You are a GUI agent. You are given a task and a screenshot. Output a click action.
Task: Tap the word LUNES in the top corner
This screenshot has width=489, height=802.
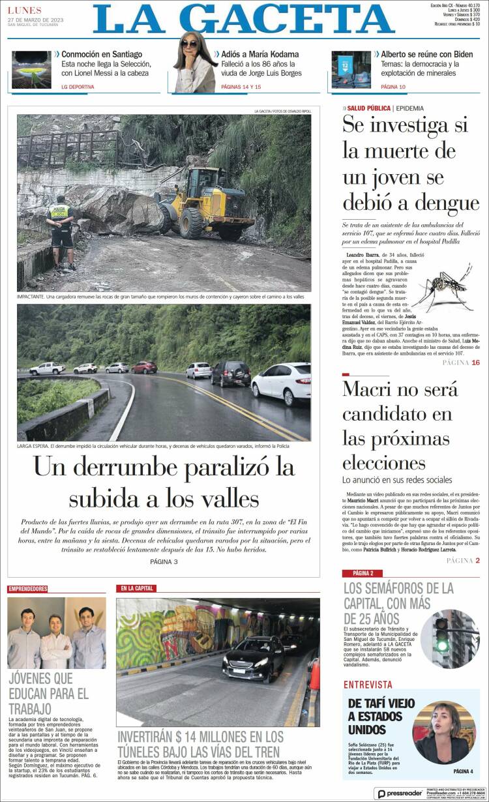pos(25,10)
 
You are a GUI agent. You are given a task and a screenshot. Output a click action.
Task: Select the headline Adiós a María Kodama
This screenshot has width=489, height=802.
pos(260,54)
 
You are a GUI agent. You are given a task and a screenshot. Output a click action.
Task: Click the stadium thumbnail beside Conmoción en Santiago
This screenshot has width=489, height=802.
pos(31,70)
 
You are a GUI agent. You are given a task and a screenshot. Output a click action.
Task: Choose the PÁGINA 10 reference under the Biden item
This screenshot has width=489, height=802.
pos(393,86)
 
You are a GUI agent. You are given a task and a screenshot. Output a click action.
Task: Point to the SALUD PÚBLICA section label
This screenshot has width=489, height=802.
pos(368,108)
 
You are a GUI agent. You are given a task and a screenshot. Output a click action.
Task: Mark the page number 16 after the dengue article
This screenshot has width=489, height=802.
pos(476,363)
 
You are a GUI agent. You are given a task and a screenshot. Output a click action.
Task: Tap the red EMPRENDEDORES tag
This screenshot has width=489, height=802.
pos(28,589)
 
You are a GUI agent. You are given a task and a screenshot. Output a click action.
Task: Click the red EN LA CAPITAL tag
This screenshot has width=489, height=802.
pos(136,589)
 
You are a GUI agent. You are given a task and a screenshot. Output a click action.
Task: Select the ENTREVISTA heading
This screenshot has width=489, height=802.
pos(368,685)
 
